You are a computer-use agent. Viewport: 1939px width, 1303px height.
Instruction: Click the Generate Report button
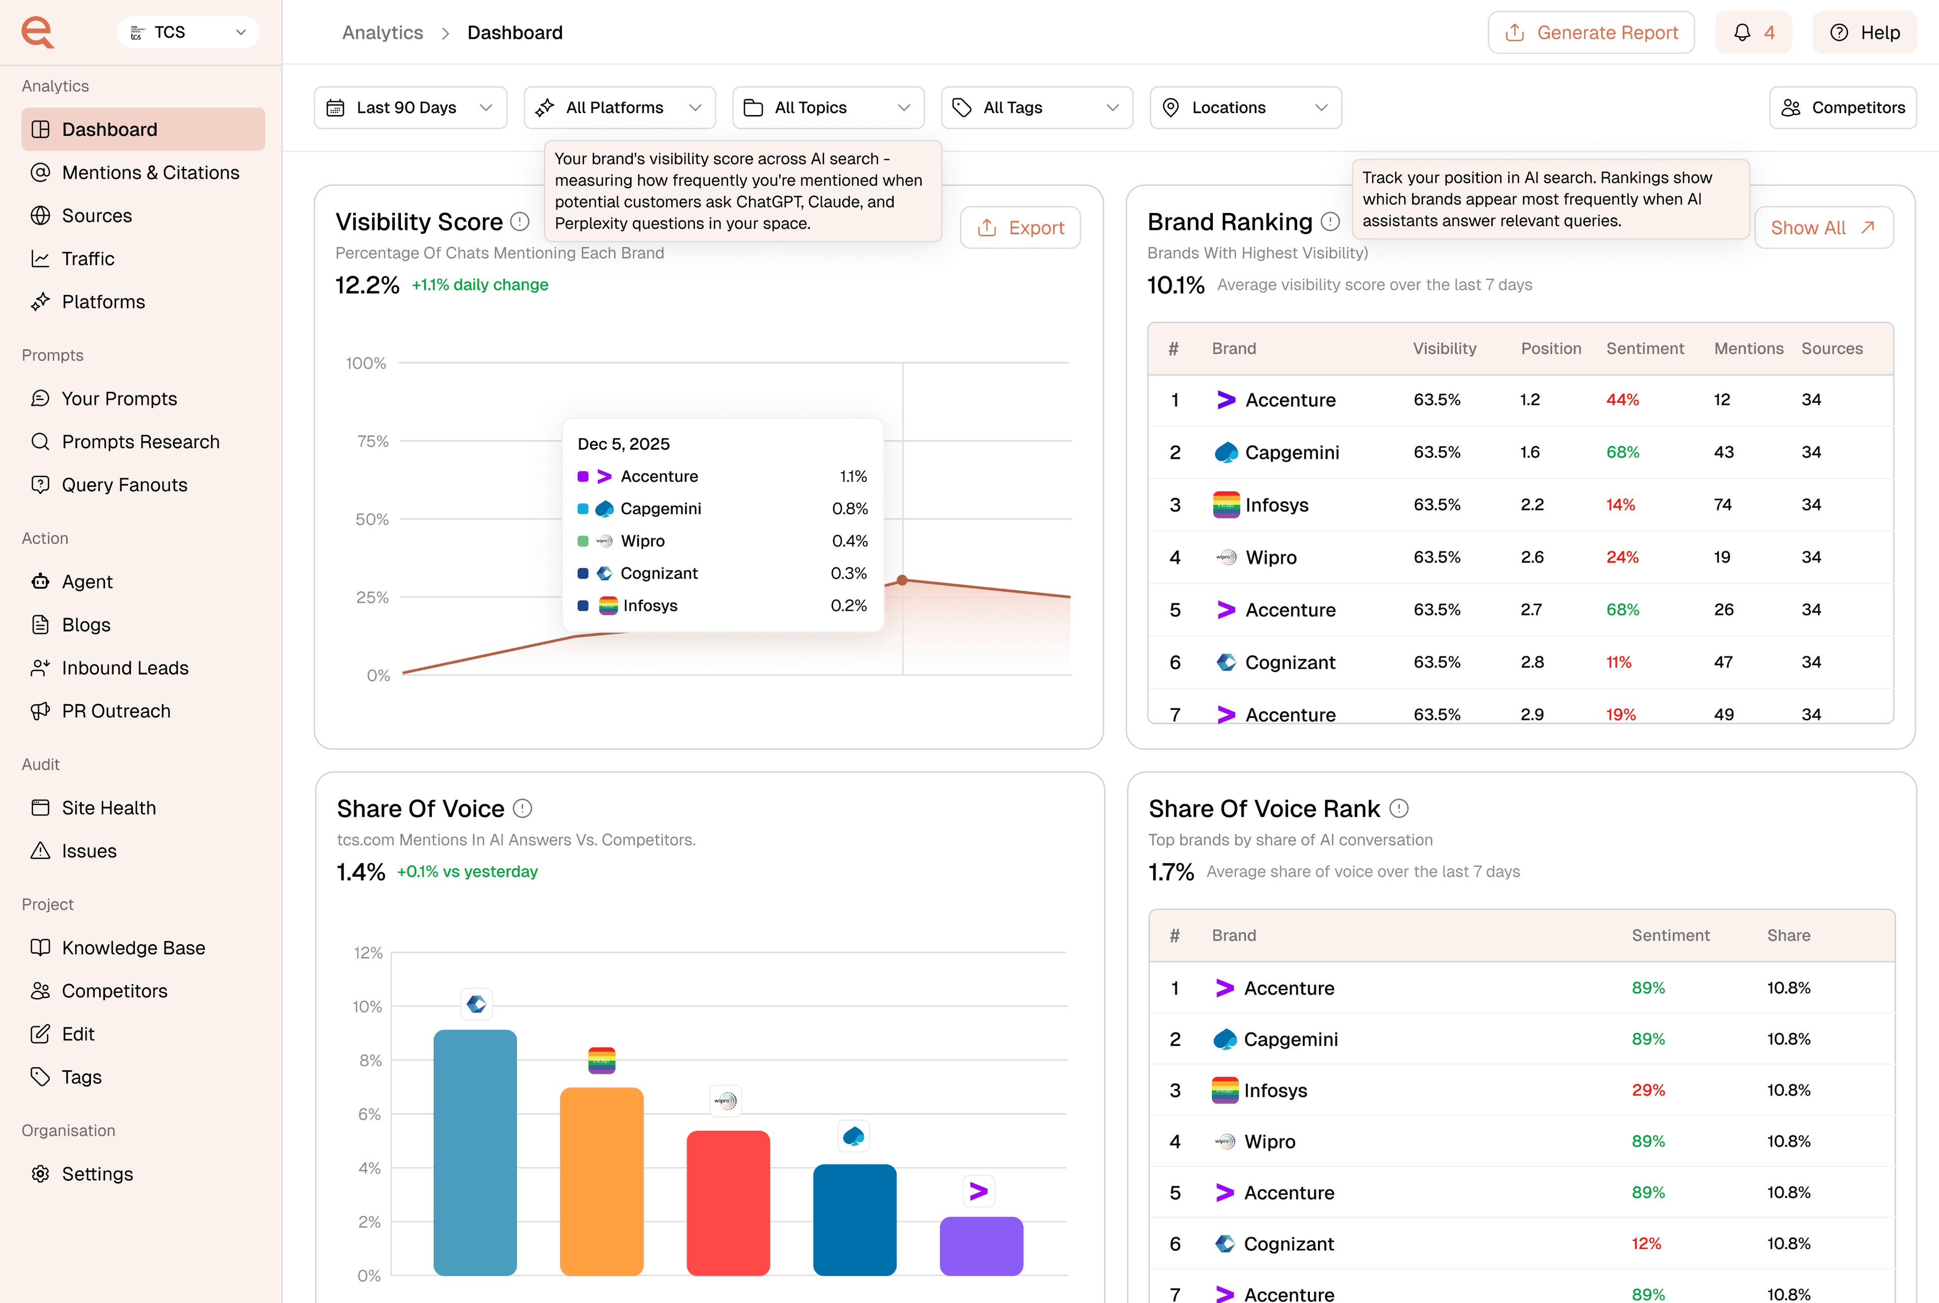click(x=1590, y=32)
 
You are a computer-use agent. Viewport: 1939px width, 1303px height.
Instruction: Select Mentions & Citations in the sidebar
click(x=150, y=173)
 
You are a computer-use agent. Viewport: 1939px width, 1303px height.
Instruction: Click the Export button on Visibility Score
click(x=1020, y=228)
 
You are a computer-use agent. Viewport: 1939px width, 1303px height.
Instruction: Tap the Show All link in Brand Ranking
click(x=1823, y=228)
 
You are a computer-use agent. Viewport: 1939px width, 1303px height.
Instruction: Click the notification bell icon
click(x=1742, y=32)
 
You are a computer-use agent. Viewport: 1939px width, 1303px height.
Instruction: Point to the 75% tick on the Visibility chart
click(x=372, y=441)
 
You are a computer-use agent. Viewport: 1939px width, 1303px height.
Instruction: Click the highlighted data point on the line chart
click(x=902, y=580)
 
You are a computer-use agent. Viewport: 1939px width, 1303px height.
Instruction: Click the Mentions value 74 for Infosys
click(x=1722, y=504)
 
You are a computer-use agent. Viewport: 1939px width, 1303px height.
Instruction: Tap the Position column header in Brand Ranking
click(x=1550, y=349)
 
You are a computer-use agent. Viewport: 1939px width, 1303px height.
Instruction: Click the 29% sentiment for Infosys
click(x=1647, y=1090)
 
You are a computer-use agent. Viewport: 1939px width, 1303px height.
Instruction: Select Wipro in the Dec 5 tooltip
click(x=642, y=541)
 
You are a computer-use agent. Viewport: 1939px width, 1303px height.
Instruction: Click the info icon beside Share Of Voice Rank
click(x=1399, y=809)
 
